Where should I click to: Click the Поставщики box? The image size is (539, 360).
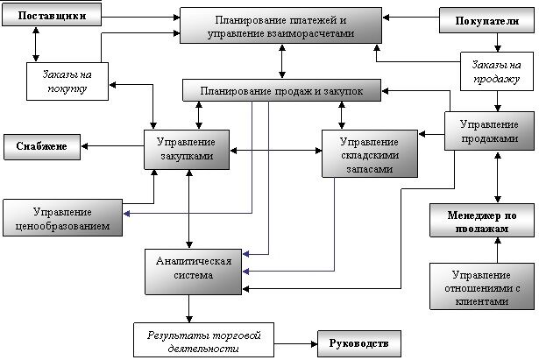click(x=52, y=16)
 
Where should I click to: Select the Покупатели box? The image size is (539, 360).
click(x=486, y=21)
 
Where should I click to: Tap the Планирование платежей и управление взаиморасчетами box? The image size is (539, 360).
click(x=280, y=25)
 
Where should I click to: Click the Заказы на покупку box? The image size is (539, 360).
click(x=67, y=81)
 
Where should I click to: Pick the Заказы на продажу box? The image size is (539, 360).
click(x=497, y=72)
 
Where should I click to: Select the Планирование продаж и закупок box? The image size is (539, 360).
click(x=281, y=90)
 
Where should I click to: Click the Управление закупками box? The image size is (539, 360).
click(x=187, y=150)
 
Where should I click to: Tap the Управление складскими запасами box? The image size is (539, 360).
click(x=370, y=153)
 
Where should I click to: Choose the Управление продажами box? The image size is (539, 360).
click(x=489, y=131)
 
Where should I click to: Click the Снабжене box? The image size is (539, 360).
click(x=42, y=147)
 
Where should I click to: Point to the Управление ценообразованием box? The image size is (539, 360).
click(x=62, y=218)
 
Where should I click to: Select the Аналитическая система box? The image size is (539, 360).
click(x=193, y=272)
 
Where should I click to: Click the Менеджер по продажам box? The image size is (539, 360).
click(x=482, y=220)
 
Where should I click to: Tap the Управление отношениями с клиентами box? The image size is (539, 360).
click(x=482, y=286)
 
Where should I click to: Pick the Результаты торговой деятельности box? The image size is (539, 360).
click(x=203, y=340)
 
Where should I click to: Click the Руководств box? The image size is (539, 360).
click(x=359, y=343)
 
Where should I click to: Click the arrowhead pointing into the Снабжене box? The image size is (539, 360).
click(x=84, y=146)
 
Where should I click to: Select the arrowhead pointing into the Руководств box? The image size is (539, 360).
click(x=314, y=343)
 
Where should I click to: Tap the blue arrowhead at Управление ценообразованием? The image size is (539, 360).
click(x=126, y=214)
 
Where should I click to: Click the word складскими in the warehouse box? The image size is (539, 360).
click(x=370, y=155)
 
